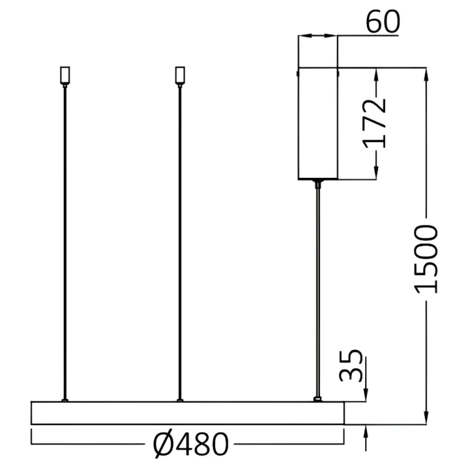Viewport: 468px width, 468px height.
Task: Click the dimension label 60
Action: [383, 21]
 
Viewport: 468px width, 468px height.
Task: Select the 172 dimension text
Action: [374, 124]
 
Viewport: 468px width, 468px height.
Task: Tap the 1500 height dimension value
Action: [426, 259]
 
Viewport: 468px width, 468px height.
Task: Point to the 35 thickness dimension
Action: [351, 365]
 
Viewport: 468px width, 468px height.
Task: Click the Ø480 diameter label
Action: [191, 444]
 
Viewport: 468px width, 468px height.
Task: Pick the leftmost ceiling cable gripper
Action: [65, 76]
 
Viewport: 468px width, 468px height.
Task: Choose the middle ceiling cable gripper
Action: [180, 76]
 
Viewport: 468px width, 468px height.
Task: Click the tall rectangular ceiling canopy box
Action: [318, 124]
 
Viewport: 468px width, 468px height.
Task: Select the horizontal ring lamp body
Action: [187, 413]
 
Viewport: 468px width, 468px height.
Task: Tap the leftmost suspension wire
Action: [64, 243]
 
